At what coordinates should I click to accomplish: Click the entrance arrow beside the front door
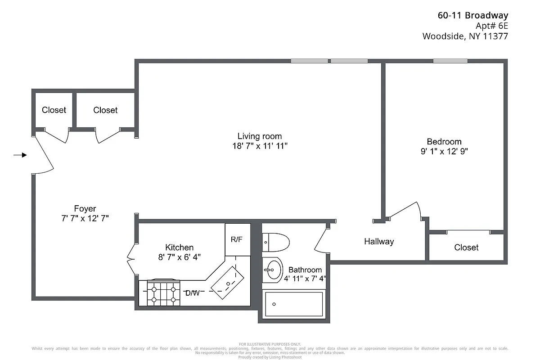(x=20, y=155)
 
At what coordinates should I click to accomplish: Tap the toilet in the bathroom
(x=275, y=242)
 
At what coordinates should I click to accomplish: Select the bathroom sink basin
(x=272, y=270)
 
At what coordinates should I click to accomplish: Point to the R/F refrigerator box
(x=237, y=239)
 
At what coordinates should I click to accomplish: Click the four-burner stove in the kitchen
(x=163, y=292)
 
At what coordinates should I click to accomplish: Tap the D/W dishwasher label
(x=193, y=293)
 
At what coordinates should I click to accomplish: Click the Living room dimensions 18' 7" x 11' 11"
(x=260, y=146)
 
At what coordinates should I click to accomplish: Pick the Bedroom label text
(x=444, y=141)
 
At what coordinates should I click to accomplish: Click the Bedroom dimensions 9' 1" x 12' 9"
(x=444, y=152)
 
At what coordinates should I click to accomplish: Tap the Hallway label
(x=379, y=242)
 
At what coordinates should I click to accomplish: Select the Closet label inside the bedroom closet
(x=466, y=247)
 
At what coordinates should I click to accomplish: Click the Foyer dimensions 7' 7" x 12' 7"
(x=85, y=219)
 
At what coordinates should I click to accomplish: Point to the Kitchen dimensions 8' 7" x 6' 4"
(x=180, y=257)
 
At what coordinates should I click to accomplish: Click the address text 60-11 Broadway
(x=472, y=15)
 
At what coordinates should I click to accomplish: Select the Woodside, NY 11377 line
(x=465, y=36)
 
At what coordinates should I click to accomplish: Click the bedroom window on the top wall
(x=450, y=61)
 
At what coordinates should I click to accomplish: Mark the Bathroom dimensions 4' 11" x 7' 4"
(x=305, y=279)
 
